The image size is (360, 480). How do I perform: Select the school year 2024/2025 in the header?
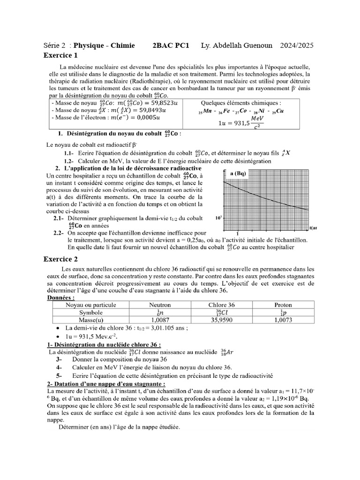coord(297,45)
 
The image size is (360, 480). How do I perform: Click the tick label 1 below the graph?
coord(238,233)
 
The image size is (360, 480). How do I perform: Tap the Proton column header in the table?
coord(283,305)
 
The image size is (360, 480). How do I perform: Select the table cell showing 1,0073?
coord(283,320)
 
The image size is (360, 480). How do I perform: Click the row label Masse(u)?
coord(90,320)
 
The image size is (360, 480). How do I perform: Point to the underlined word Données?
coord(60,297)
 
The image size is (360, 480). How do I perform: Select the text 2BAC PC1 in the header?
coord(171,45)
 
